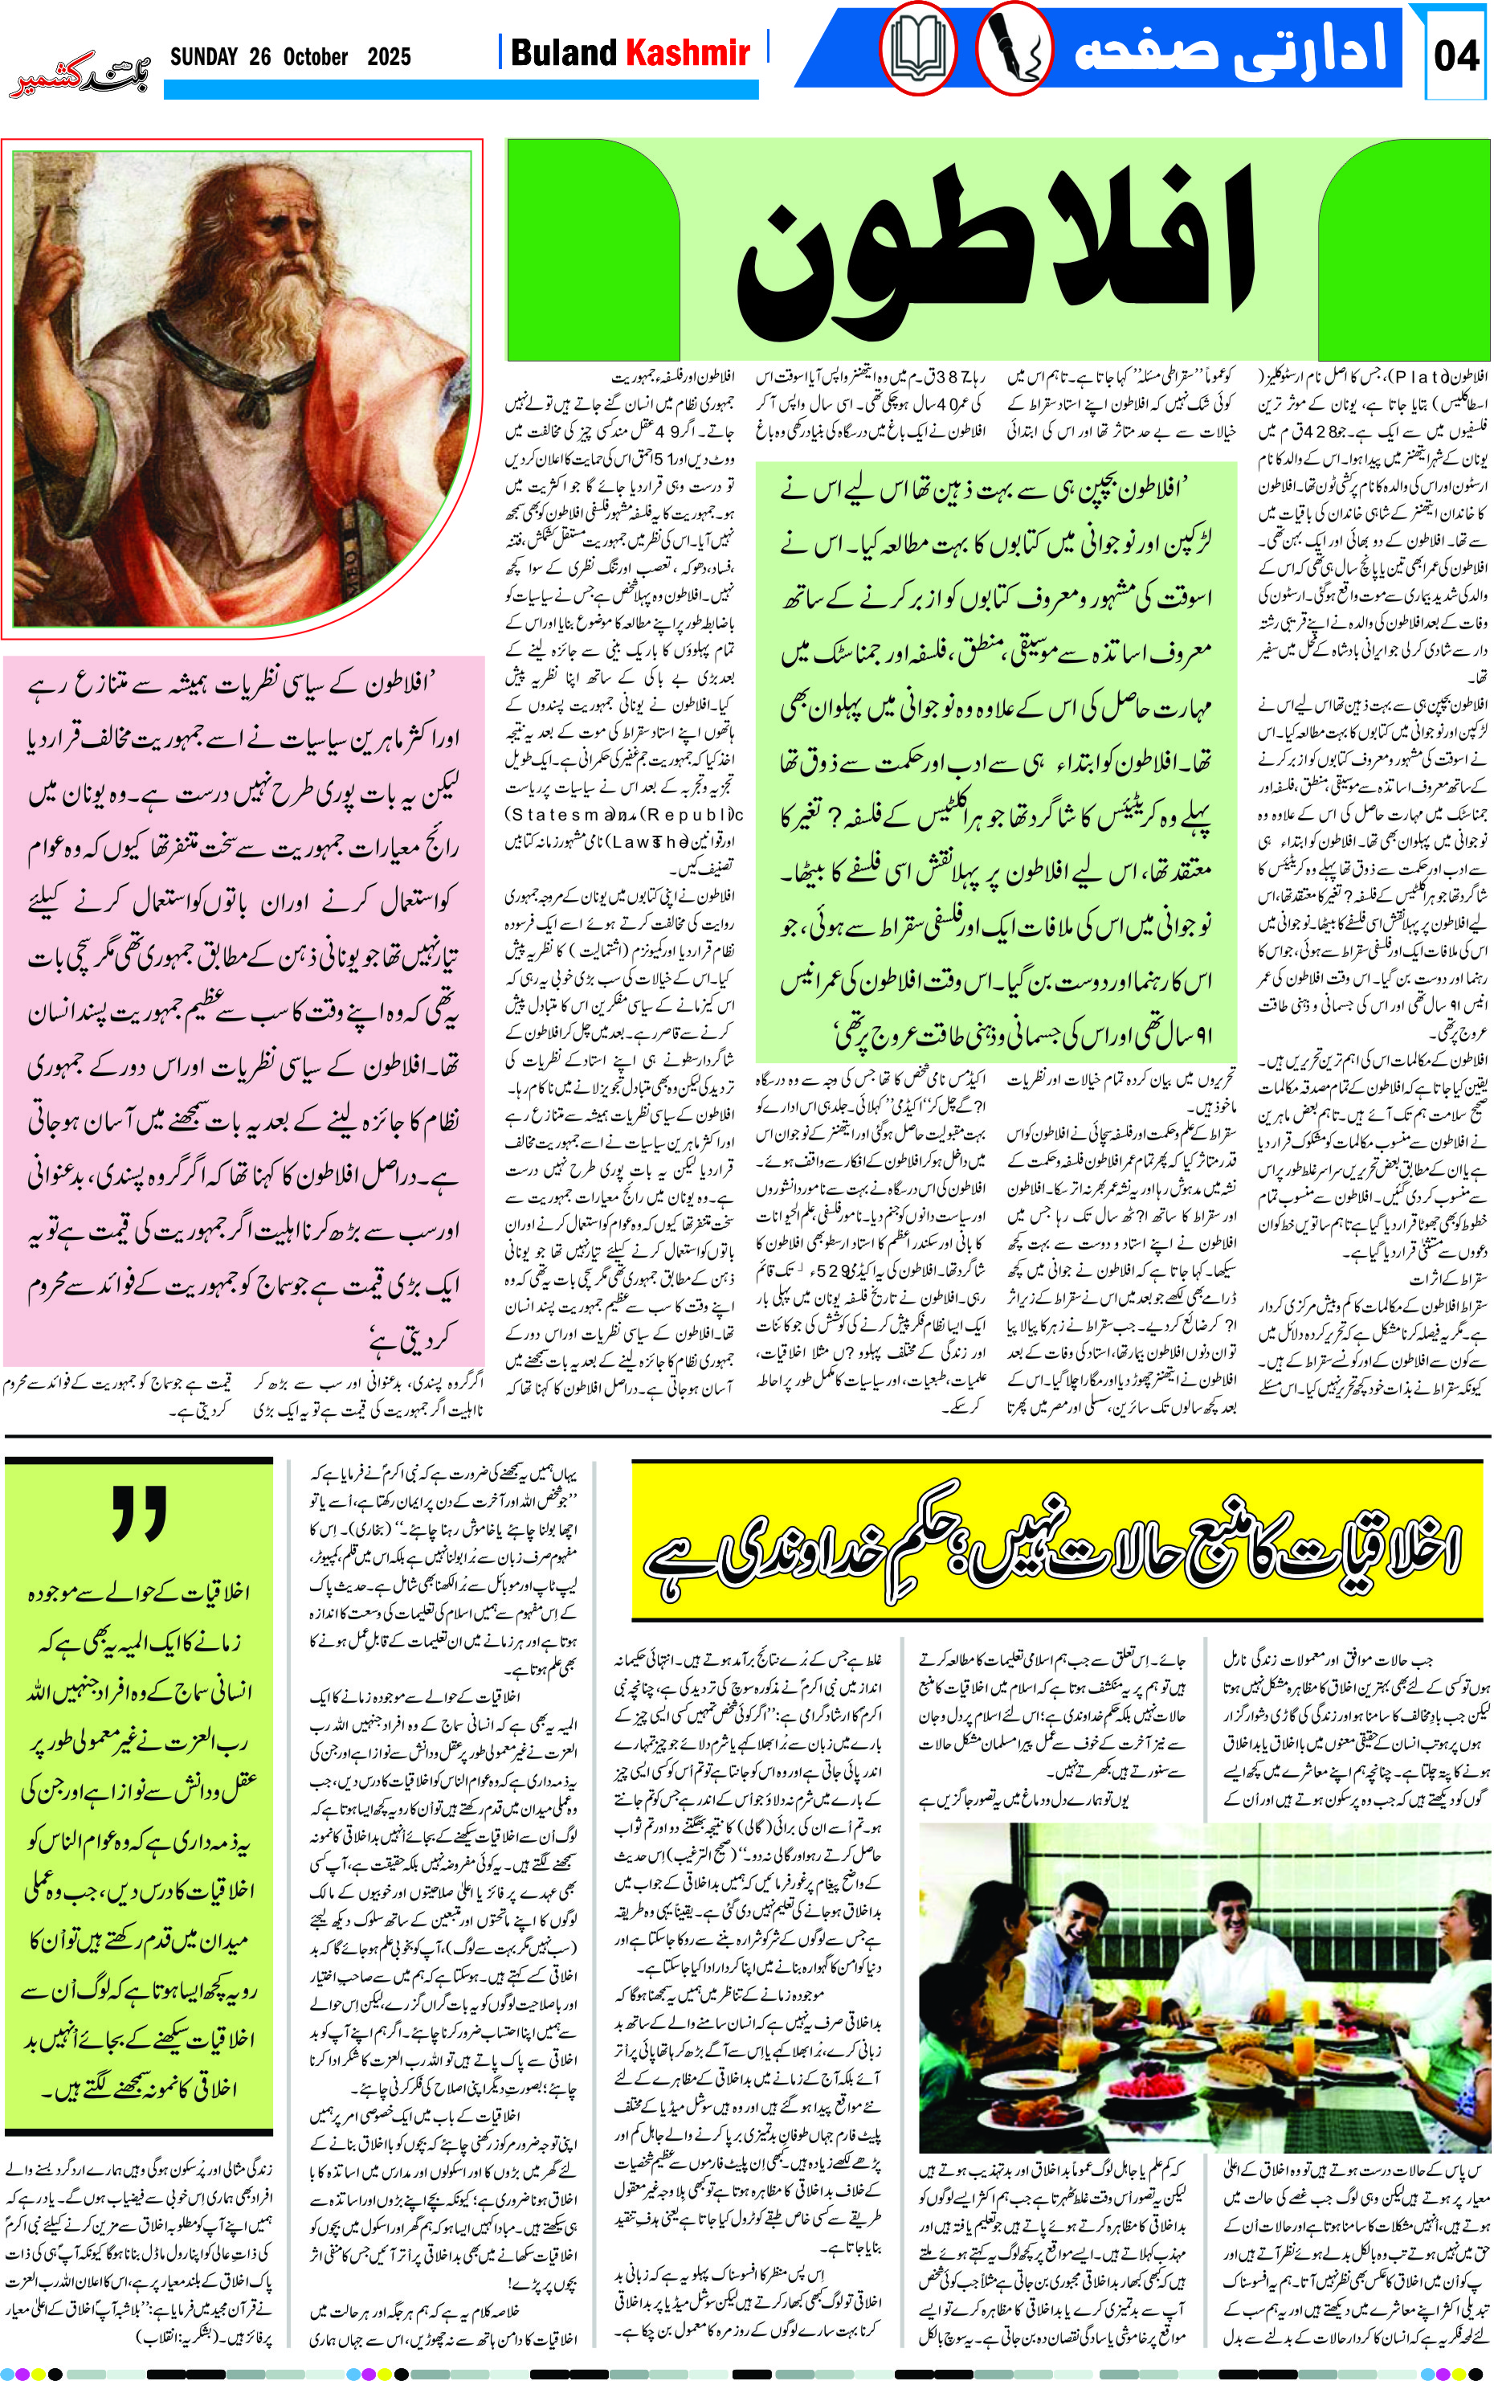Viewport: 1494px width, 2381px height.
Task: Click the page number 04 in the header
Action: (1456, 55)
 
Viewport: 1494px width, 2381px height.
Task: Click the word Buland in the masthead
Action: (562, 52)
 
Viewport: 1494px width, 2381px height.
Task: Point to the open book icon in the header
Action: (918, 49)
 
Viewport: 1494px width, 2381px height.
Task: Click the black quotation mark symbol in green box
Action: (138, 1513)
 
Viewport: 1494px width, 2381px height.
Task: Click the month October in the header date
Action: (315, 56)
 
